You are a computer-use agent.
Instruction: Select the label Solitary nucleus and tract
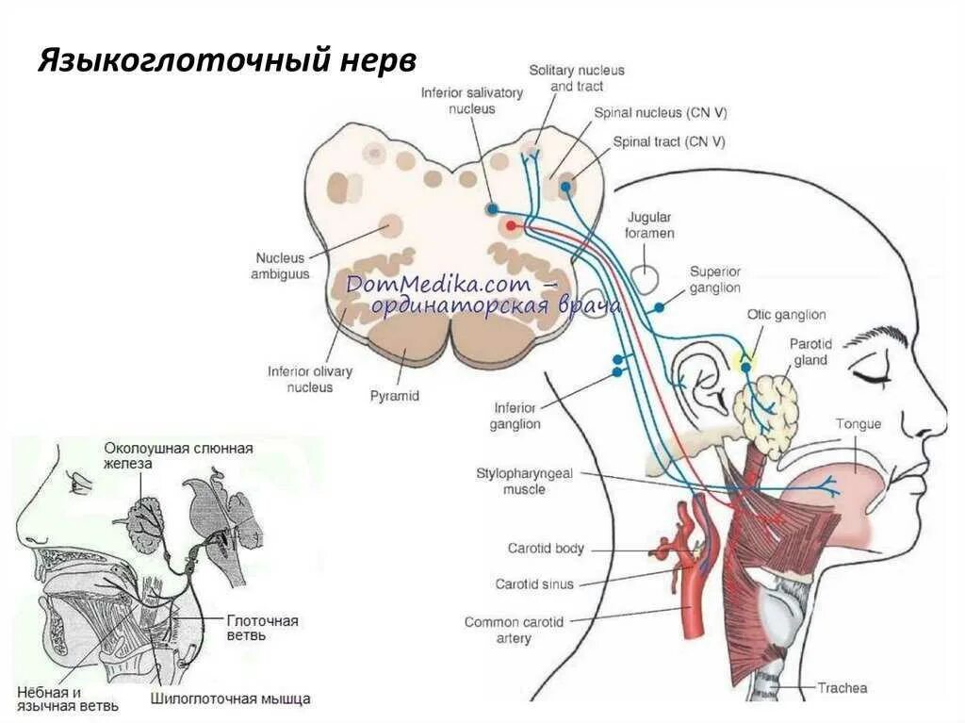click(x=577, y=78)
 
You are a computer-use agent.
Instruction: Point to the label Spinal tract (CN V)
click(x=669, y=142)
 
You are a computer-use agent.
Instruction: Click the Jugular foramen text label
click(x=650, y=224)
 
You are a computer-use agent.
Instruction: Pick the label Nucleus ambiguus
click(x=280, y=266)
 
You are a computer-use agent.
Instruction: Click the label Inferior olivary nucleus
click(x=310, y=379)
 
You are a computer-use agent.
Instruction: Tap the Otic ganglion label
click(x=786, y=315)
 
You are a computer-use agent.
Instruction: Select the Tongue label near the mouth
click(x=858, y=424)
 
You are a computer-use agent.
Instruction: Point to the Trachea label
click(x=842, y=688)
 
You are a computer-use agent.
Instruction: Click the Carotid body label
click(x=547, y=549)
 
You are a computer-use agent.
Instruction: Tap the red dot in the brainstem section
click(x=511, y=225)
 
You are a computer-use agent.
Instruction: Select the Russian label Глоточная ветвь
click(x=262, y=628)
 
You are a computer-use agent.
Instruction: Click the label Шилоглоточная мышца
click(x=230, y=699)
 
